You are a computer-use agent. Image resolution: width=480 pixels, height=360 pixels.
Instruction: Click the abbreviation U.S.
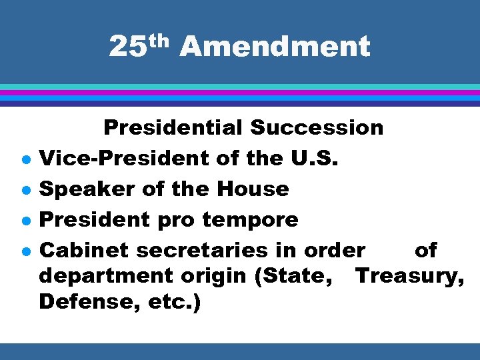tap(313, 158)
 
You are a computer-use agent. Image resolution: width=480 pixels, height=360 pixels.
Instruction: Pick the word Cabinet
tap(83, 251)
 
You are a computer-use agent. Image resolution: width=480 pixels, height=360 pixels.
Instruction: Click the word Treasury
tap(410, 275)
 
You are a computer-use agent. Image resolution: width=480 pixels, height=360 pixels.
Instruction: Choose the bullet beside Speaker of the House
tap(24, 191)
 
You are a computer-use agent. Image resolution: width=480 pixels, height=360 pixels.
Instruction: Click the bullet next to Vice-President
tap(24, 160)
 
